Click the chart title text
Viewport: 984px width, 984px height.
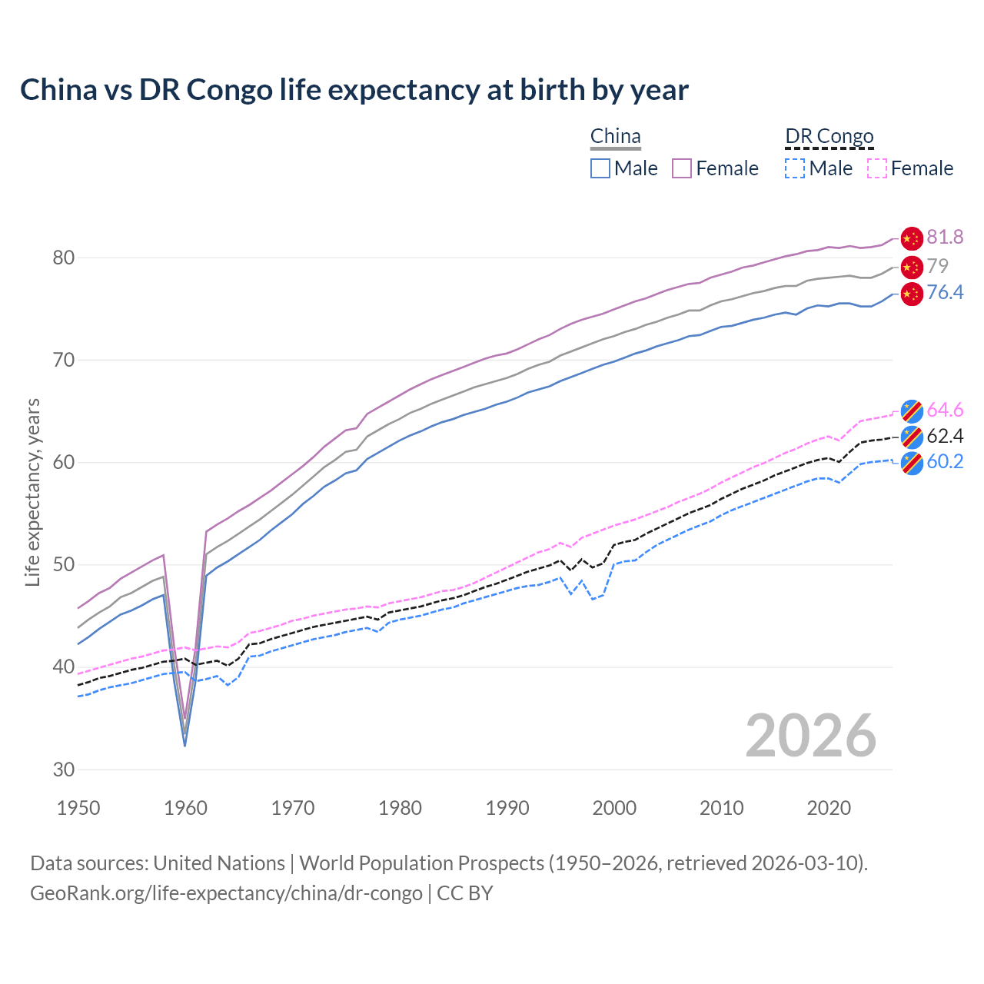pos(354,90)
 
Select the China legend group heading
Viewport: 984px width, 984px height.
pos(615,137)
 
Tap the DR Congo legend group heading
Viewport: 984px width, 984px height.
pos(829,137)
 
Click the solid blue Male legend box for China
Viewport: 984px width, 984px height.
pos(600,168)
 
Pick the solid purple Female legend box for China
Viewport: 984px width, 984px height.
pos(682,168)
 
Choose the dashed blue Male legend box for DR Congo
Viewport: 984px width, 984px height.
pos(795,168)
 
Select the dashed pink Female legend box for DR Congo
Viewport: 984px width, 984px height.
pos(877,168)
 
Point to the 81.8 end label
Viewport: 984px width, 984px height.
pos(945,238)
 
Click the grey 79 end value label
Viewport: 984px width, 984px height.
pos(937,266)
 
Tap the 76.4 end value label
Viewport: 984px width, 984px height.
pos(945,293)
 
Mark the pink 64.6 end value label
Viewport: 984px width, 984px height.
pos(945,411)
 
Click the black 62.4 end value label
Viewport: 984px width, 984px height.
pos(945,437)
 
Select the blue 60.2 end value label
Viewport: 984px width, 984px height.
pos(945,462)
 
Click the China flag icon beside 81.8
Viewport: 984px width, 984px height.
pos(911,238)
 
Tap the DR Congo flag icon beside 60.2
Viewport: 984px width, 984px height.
pos(911,463)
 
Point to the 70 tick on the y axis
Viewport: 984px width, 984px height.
pos(64,360)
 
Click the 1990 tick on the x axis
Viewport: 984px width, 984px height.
pos(507,808)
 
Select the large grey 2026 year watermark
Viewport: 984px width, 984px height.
pos(811,736)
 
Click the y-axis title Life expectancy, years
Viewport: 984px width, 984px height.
pos(32,492)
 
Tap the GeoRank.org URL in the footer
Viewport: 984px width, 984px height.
pos(226,893)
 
